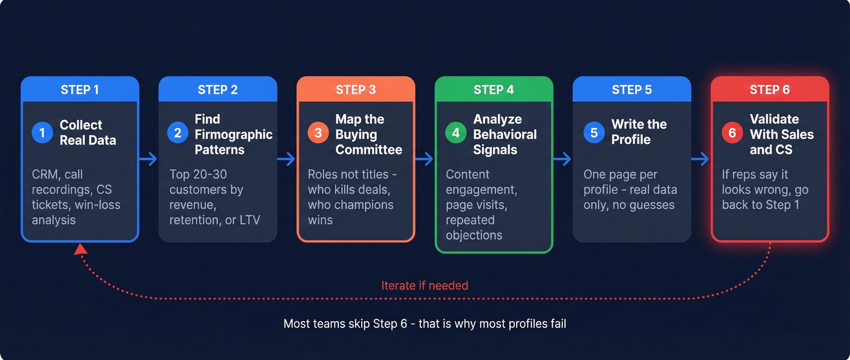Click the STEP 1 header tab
pyautogui.click(x=80, y=90)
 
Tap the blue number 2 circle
pyautogui.click(x=178, y=133)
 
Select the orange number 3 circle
pyautogui.click(x=318, y=133)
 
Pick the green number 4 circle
pyautogui.click(x=456, y=133)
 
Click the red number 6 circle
pyautogui.click(x=732, y=133)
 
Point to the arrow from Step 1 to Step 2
pyautogui.click(x=149, y=159)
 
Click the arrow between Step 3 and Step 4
pyautogui.click(x=425, y=159)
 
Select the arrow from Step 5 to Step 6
pyautogui.click(x=701, y=159)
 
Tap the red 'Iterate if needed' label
pyautogui.click(x=424, y=285)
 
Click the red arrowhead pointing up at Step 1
pyautogui.click(x=80, y=250)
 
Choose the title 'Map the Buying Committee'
pyautogui.click(x=369, y=134)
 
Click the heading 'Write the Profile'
pyautogui.click(x=639, y=132)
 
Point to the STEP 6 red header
pyautogui.click(x=769, y=90)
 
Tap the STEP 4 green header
pyautogui.click(x=494, y=90)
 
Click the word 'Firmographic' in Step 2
pyautogui.click(x=234, y=134)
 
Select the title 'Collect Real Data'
pyautogui.click(x=87, y=132)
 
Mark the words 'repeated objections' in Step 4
pyautogui.click(x=474, y=227)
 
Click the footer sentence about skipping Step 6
pyautogui.click(x=424, y=324)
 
